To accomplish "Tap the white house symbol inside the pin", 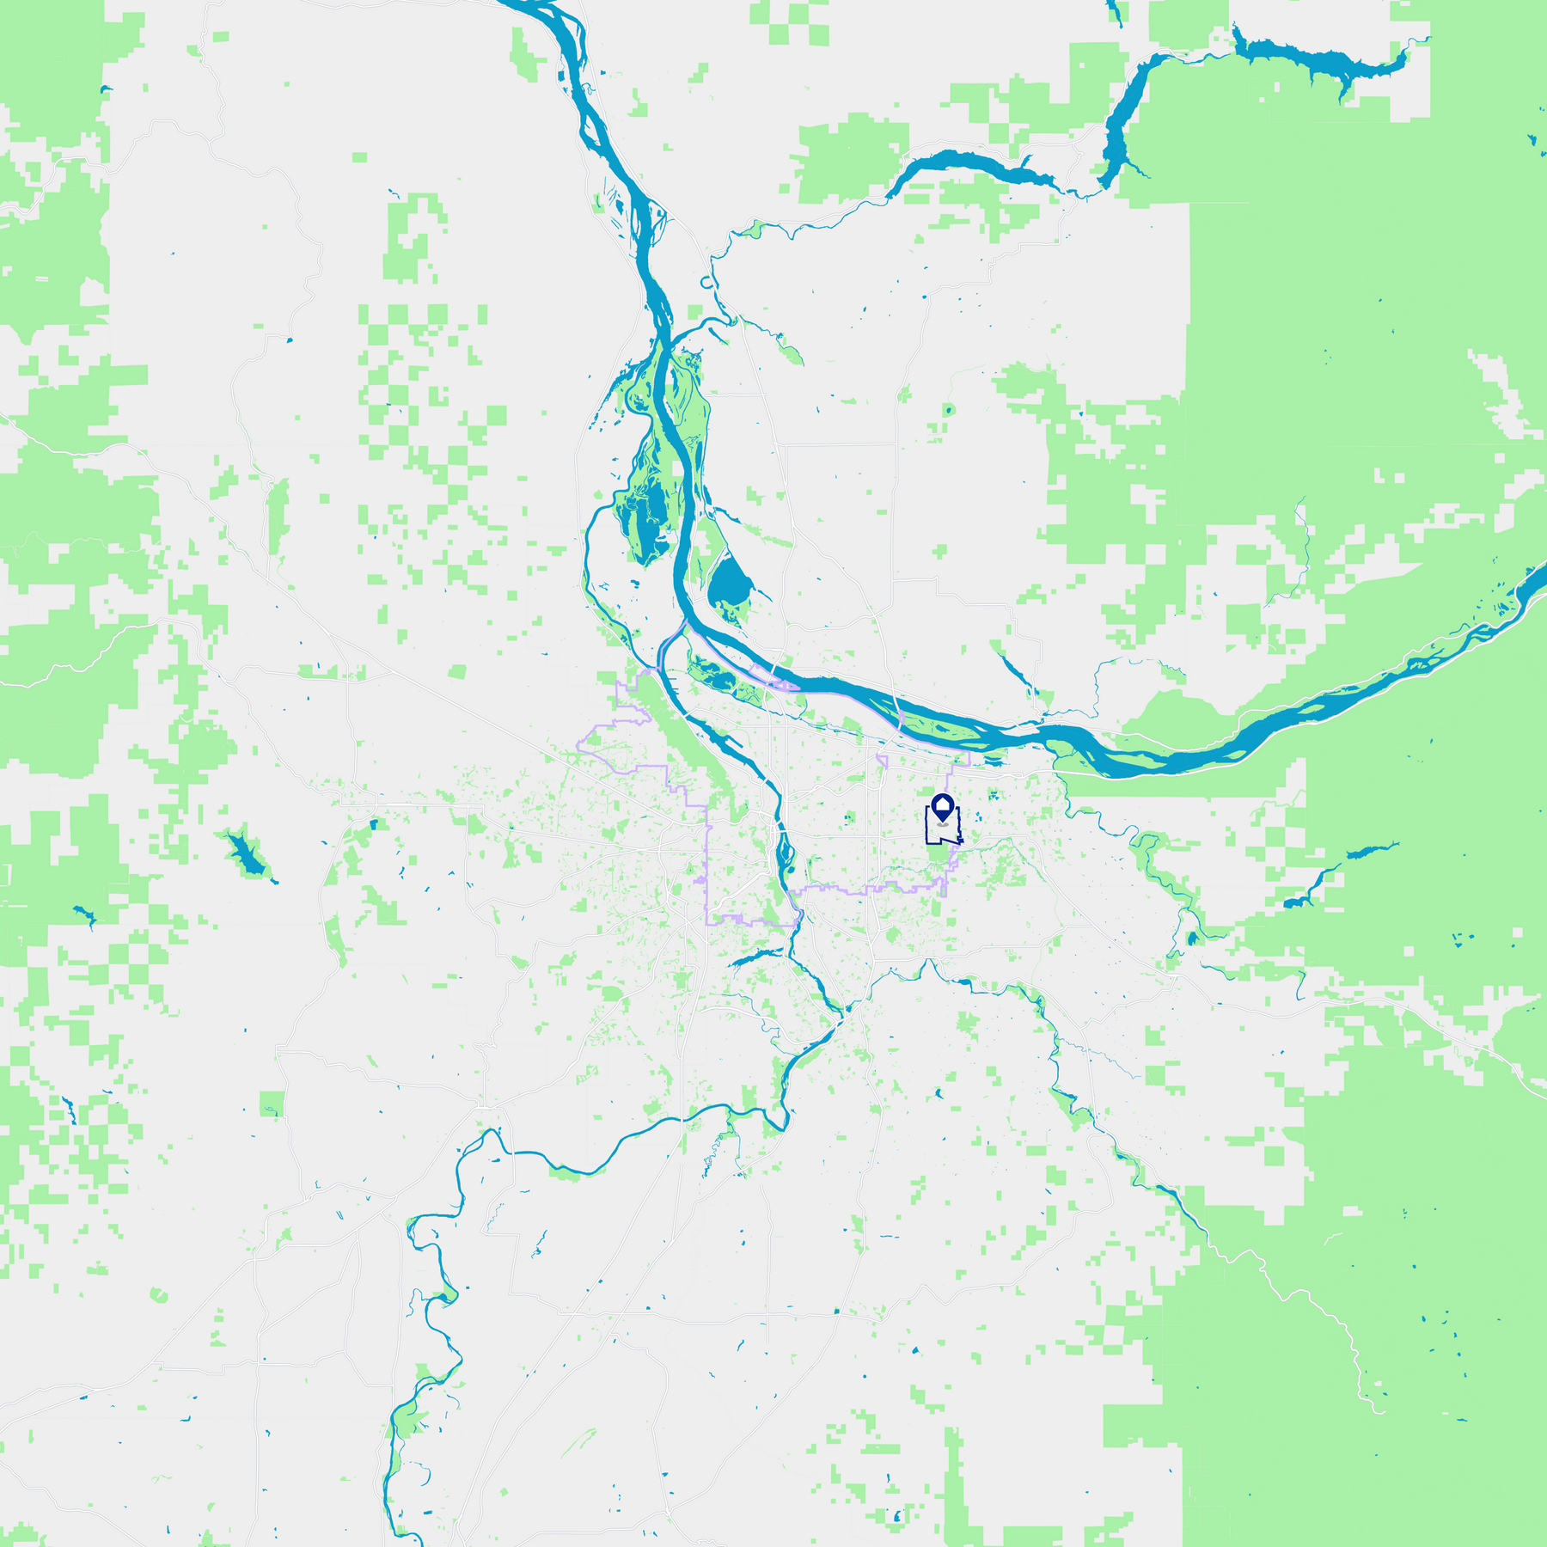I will coord(943,805).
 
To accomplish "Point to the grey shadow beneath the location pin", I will coord(943,824).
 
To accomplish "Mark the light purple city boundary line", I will coord(707,859).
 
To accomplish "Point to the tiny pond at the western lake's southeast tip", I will coord(275,881).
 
